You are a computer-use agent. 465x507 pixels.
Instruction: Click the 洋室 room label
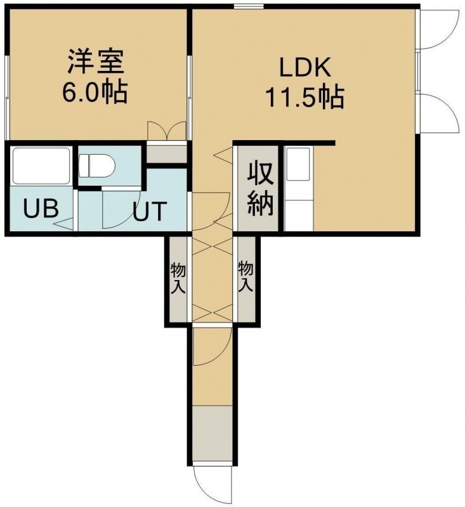click(95, 61)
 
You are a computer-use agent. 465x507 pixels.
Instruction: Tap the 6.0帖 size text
click(95, 92)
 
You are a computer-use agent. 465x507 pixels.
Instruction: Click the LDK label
click(305, 68)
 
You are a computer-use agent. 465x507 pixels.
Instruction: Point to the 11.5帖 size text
click(305, 97)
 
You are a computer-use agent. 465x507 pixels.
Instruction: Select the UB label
click(41, 209)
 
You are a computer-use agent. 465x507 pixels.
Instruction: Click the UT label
click(150, 211)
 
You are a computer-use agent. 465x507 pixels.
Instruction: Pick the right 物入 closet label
click(246, 276)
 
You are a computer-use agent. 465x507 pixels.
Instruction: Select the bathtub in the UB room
click(41, 166)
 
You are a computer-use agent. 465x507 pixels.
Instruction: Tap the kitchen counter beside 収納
click(299, 189)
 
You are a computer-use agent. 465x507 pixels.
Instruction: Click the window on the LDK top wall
click(249, 6)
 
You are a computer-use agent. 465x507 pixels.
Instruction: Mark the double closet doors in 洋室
click(167, 131)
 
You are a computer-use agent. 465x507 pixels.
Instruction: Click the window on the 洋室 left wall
click(6, 97)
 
